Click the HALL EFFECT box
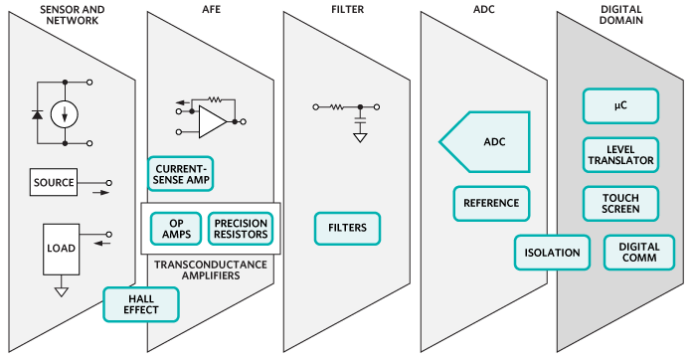(x=141, y=303)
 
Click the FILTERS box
(x=347, y=228)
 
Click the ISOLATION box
(x=552, y=253)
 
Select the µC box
(x=619, y=104)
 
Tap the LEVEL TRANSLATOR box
(x=619, y=153)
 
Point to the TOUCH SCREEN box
(x=619, y=203)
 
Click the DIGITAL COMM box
(x=638, y=253)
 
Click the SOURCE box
(x=54, y=184)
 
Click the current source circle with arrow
(x=66, y=113)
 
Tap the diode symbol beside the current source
(x=37, y=114)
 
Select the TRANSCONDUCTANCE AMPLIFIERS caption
(x=210, y=270)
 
